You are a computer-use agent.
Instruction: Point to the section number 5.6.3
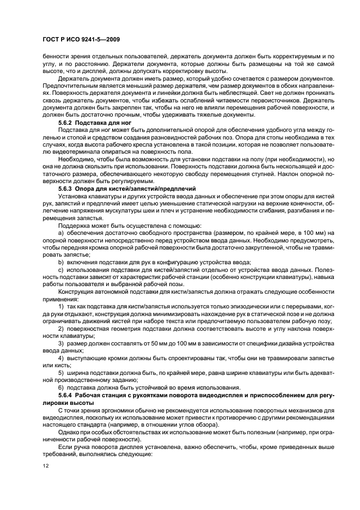coord(66,187)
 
